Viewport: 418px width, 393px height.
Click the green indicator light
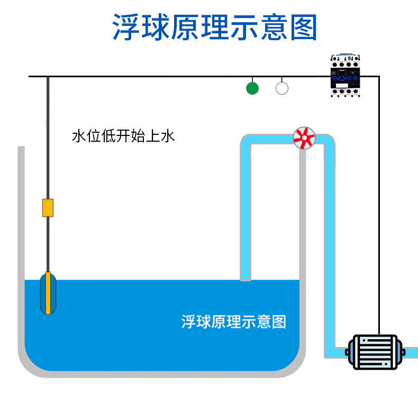tap(252, 88)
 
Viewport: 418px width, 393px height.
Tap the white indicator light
tap(282, 88)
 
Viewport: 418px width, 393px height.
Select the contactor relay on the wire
tap(345, 76)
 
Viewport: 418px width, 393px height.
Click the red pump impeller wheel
tap(304, 138)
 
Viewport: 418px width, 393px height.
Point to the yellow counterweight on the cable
tap(48, 208)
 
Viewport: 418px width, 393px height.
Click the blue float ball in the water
tap(48, 294)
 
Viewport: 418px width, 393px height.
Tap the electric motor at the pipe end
tap(375, 352)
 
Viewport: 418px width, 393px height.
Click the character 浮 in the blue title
tap(126, 27)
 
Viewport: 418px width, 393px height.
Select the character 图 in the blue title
tap(304, 27)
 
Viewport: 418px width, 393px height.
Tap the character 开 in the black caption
tap(123, 136)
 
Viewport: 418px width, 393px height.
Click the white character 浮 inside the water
tap(188, 322)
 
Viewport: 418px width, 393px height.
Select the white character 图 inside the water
tap(279, 322)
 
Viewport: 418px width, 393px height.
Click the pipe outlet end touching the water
tap(246, 279)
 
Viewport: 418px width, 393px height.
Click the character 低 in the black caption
tap(108, 136)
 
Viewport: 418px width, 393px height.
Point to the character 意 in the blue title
tap(274, 27)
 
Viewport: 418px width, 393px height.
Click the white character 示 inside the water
tap(249, 322)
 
